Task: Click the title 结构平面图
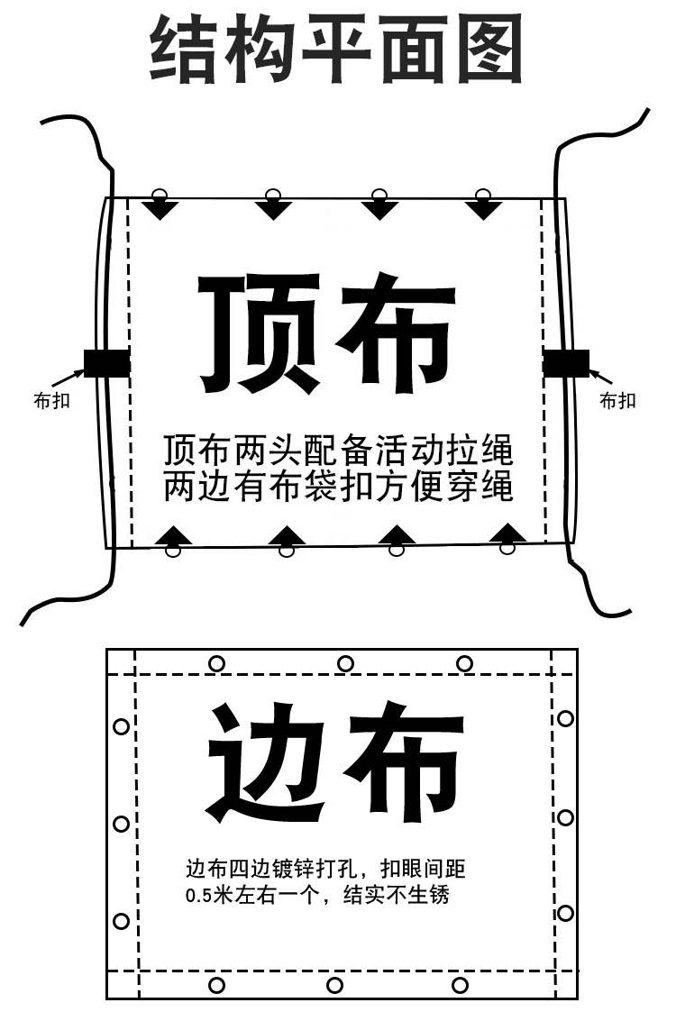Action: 336,49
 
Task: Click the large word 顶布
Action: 327,333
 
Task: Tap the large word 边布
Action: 335,762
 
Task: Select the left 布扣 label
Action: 51,402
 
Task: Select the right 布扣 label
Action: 617,401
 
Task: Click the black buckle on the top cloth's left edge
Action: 106,362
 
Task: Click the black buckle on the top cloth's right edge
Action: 565,362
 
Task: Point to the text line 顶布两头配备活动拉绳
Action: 338,448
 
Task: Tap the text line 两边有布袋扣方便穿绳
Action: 338,487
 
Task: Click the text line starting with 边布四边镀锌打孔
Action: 325,870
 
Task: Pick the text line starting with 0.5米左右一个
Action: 316,897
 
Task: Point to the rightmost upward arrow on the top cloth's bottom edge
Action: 507,533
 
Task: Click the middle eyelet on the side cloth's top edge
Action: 345,664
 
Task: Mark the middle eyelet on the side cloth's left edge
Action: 121,824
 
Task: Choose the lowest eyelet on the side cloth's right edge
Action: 565,913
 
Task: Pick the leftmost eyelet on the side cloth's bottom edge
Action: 216,985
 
